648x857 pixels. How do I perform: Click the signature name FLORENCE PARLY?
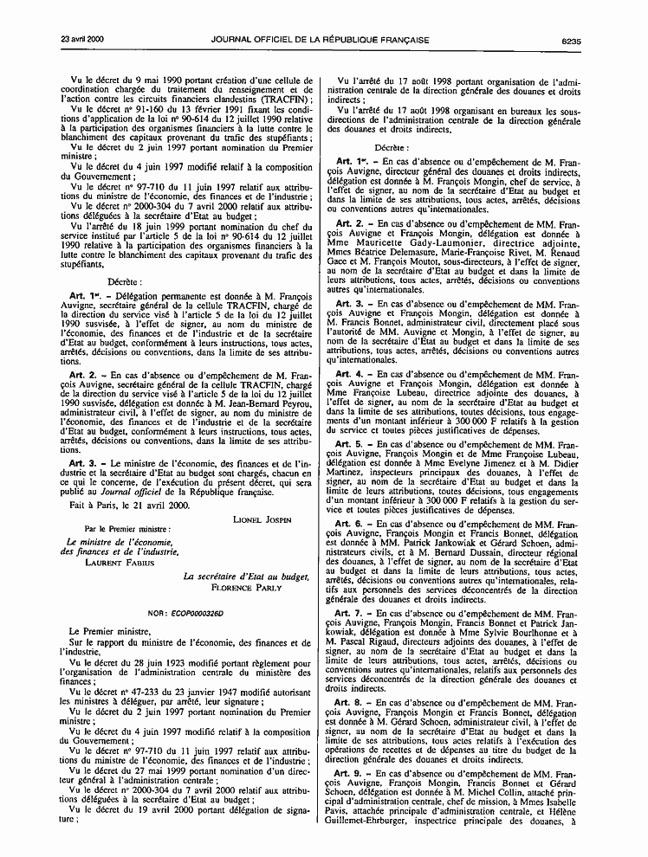click(x=246, y=586)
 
